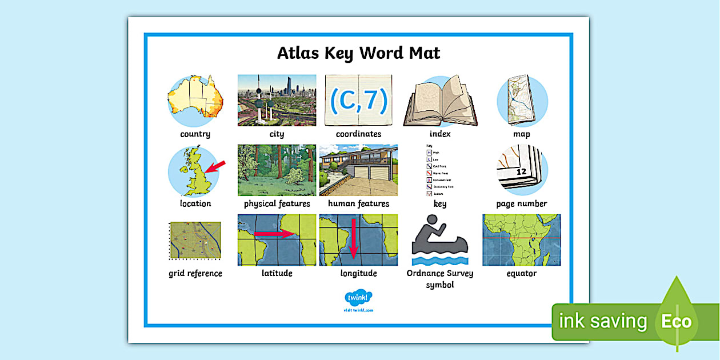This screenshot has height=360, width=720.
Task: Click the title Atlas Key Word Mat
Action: pyautogui.click(x=358, y=53)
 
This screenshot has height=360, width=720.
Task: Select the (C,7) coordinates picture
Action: pyautogui.click(x=358, y=100)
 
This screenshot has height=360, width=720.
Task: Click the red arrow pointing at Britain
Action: pyautogui.click(x=215, y=166)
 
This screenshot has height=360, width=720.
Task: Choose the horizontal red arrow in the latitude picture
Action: pyautogui.click(x=274, y=234)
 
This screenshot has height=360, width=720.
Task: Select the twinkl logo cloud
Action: pyautogui.click(x=358, y=298)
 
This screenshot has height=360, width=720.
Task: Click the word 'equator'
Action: pyautogui.click(x=521, y=274)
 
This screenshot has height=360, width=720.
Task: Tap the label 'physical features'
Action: pyautogui.click(x=277, y=204)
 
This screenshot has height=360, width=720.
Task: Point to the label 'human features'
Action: pyautogui.click(x=358, y=204)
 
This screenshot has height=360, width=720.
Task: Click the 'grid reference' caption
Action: pyautogui.click(x=195, y=274)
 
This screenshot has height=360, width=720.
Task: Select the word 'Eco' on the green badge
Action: pyautogui.click(x=676, y=321)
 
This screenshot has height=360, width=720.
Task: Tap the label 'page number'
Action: pyautogui.click(x=521, y=204)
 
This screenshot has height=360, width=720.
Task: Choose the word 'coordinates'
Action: pyautogui.click(x=358, y=134)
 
